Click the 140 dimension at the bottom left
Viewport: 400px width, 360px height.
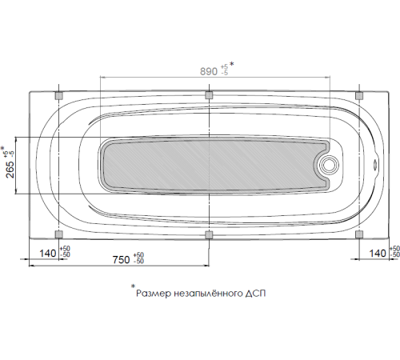coord(47,254)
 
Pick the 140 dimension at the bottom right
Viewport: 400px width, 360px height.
coord(378,254)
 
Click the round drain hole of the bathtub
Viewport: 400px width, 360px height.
coord(329,166)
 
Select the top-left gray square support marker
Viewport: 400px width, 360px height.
coord(58,96)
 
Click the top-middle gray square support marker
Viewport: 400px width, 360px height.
coord(209,96)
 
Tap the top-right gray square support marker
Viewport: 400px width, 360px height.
coord(359,96)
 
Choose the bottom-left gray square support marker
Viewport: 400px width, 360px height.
coord(58,234)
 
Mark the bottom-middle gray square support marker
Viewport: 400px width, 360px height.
coord(209,234)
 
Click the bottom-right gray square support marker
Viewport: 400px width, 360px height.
coord(359,234)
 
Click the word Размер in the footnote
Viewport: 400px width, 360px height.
coord(154,294)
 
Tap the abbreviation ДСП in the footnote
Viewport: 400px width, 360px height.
coord(256,294)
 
